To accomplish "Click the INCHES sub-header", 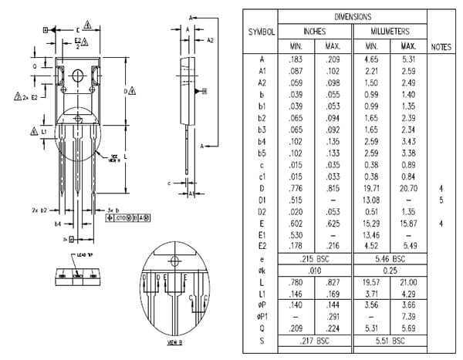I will tap(314, 32).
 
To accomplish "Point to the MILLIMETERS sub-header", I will tap(390, 32).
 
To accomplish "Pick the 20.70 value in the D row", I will tap(409, 187).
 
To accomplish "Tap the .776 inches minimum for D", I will tap(295, 187).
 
